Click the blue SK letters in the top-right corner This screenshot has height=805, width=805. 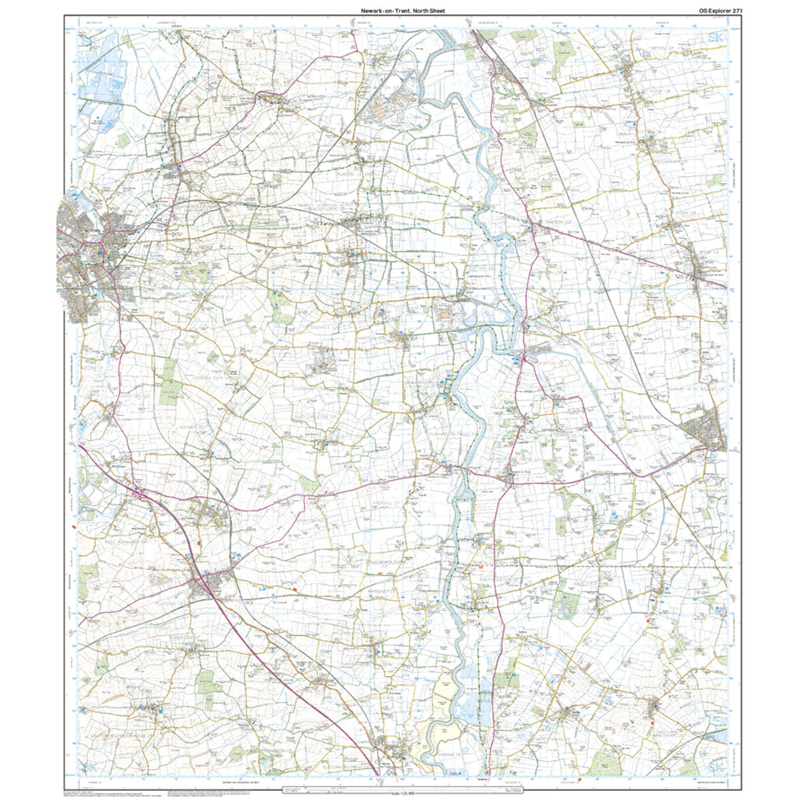click(x=716, y=39)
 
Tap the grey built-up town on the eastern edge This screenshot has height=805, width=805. click(x=704, y=432)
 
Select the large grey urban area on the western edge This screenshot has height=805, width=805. click(x=86, y=259)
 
